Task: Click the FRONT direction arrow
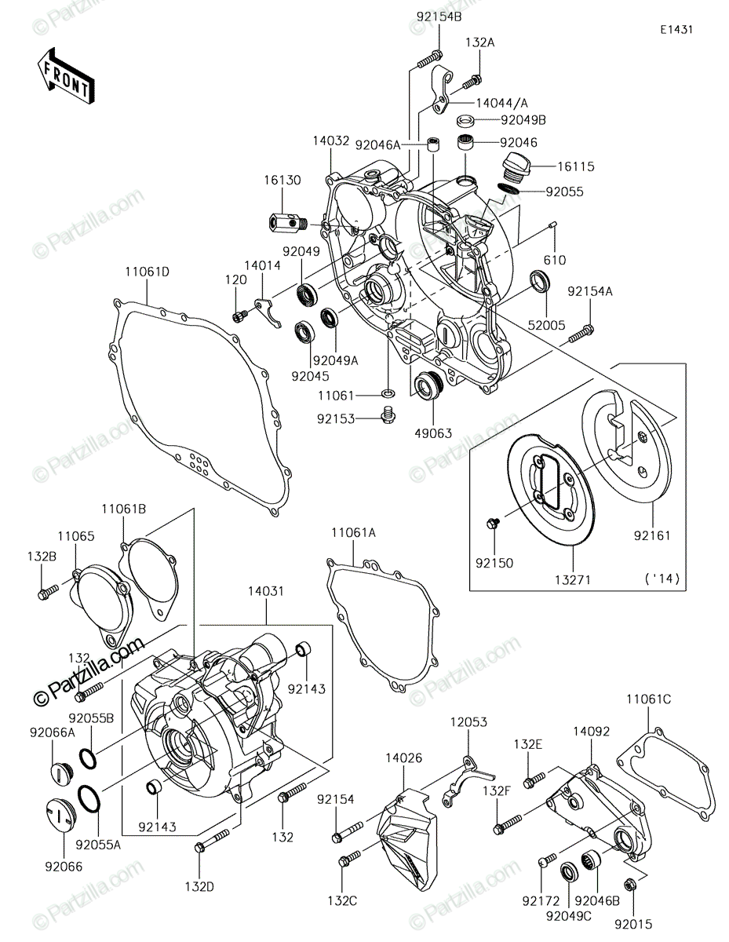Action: pos(66,76)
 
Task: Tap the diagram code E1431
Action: pos(676,30)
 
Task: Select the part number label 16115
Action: pos(576,166)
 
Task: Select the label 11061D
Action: pos(147,272)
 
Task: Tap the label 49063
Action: pos(432,433)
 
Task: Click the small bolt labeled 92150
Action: pos(493,524)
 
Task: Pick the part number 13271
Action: pos(574,579)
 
